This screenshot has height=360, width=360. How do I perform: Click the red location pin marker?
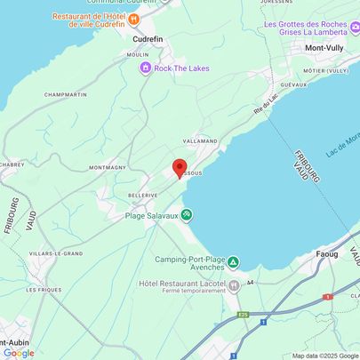point(179,168)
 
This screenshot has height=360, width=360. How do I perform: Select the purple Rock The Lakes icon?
point(145,68)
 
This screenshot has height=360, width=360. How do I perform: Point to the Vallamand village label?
point(201,140)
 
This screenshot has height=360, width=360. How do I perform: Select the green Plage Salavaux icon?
point(187,213)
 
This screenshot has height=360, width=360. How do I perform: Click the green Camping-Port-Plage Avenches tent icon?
point(233,262)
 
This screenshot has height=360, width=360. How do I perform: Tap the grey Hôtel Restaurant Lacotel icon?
point(235,285)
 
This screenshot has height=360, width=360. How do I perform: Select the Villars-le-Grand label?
point(55,253)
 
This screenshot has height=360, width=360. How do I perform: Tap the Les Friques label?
point(43,290)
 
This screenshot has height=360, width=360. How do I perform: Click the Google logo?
point(20,352)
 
